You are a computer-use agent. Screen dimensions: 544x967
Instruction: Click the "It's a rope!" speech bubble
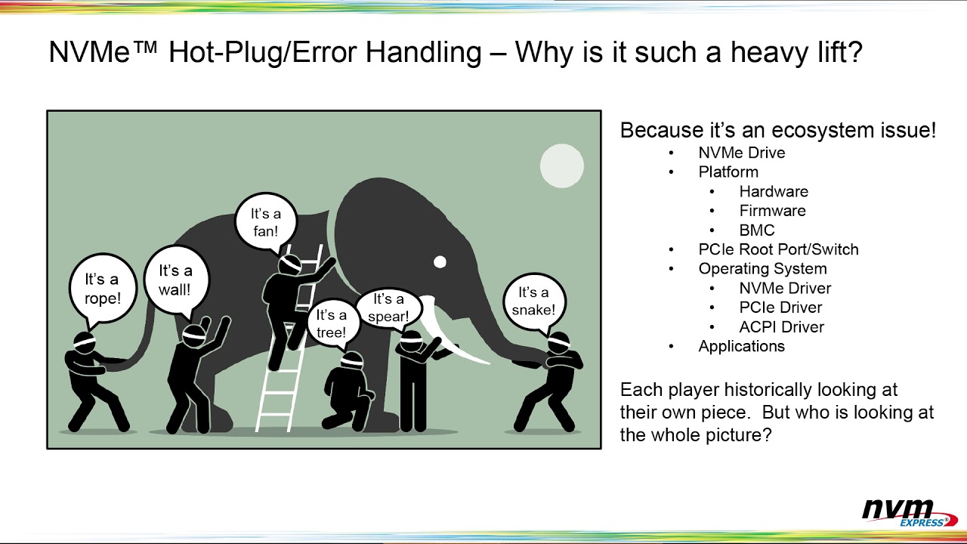tap(102, 289)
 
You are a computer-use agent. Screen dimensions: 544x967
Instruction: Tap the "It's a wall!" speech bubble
tap(175, 280)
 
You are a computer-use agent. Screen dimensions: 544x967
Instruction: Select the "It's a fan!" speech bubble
tap(265, 221)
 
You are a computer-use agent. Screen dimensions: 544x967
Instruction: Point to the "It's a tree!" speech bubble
tap(331, 323)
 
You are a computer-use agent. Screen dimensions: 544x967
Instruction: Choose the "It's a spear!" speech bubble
tap(388, 308)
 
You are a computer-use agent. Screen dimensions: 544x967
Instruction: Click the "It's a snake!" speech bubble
tap(533, 301)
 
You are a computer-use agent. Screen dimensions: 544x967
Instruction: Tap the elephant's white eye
tap(440, 262)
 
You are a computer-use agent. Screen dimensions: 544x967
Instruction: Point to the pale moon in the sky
tap(562, 166)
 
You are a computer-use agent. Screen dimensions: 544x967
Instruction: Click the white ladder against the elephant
tap(280, 378)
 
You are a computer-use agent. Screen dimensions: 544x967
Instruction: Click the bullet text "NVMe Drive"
tap(741, 153)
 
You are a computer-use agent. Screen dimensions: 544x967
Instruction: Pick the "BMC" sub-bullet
tap(756, 230)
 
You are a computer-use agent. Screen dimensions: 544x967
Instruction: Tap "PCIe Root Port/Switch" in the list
tap(778, 249)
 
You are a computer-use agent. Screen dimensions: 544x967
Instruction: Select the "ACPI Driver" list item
tap(781, 327)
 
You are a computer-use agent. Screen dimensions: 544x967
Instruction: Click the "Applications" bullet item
tap(741, 346)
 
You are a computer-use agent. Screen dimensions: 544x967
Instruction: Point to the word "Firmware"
tap(772, 211)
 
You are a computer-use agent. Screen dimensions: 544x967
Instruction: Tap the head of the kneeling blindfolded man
tap(351, 361)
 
